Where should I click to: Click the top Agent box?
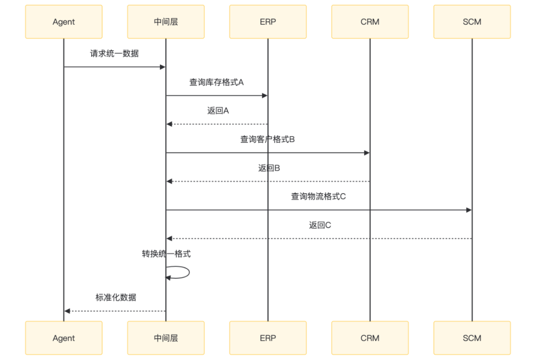coord(64,22)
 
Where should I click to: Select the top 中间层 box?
coord(166,22)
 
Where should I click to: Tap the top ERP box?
coord(268,22)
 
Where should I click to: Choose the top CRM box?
coord(370,22)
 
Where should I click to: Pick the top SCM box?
coord(472,22)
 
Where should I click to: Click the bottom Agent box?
coord(64,338)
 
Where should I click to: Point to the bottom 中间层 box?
coord(166,338)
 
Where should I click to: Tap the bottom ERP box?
coord(268,338)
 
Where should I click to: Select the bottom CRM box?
coord(370,338)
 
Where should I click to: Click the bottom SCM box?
coord(472,338)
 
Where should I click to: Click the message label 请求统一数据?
coord(114,54)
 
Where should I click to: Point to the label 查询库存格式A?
coord(217,82)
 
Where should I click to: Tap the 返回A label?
coord(217,111)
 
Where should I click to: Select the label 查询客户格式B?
coord(268,140)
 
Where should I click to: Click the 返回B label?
coord(268,168)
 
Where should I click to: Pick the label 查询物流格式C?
coord(319,197)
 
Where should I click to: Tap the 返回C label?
coord(320,225)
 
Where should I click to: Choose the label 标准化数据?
coord(116,298)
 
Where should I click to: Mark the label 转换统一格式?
coord(166,254)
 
